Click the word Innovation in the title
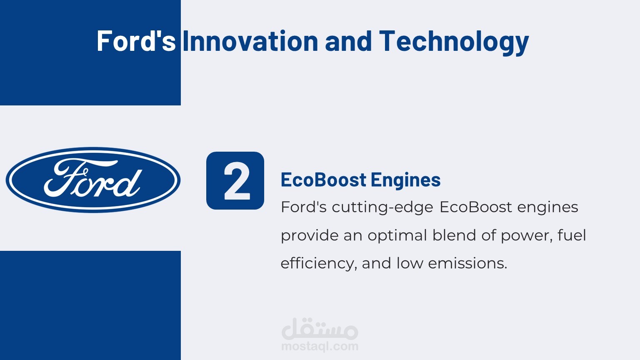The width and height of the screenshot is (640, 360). (250, 41)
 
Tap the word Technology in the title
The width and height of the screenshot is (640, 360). (454, 42)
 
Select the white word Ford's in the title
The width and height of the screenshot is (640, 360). (136, 41)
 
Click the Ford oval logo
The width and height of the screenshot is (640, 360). (93, 180)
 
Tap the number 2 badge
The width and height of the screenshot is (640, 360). (235, 180)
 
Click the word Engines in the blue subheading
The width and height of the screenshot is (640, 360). (406, 180)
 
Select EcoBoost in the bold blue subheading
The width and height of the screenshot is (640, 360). (323, 180)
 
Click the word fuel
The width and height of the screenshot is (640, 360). (572, 235)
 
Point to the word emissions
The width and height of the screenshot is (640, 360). (467, 263)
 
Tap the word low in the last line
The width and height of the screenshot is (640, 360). (410, 263)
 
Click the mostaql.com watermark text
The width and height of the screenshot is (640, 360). (320, 346)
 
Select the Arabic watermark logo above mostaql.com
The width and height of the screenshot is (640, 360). (320, 328)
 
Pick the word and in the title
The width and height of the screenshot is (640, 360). (348, 41)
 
